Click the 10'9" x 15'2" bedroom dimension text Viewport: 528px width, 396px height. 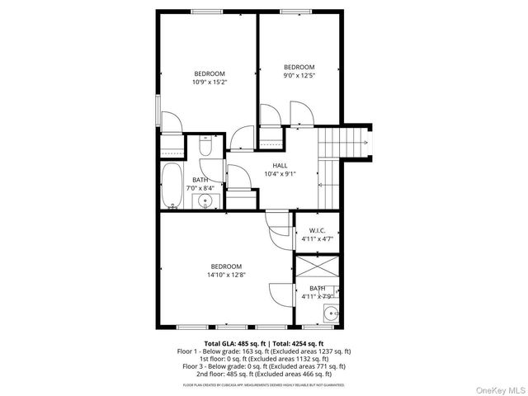click(209, 82)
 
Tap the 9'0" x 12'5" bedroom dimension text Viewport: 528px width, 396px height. click(299, 76)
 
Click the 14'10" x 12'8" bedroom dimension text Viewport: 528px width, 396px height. click(225, 275)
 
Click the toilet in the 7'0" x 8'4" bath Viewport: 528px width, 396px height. click(207, 147)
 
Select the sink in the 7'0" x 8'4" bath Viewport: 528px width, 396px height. click(208, 200)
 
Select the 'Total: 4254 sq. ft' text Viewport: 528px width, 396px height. click(298, 343)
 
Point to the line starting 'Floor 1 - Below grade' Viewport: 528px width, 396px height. click(264, 351)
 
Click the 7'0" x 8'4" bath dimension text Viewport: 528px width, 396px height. click(200, 188)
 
